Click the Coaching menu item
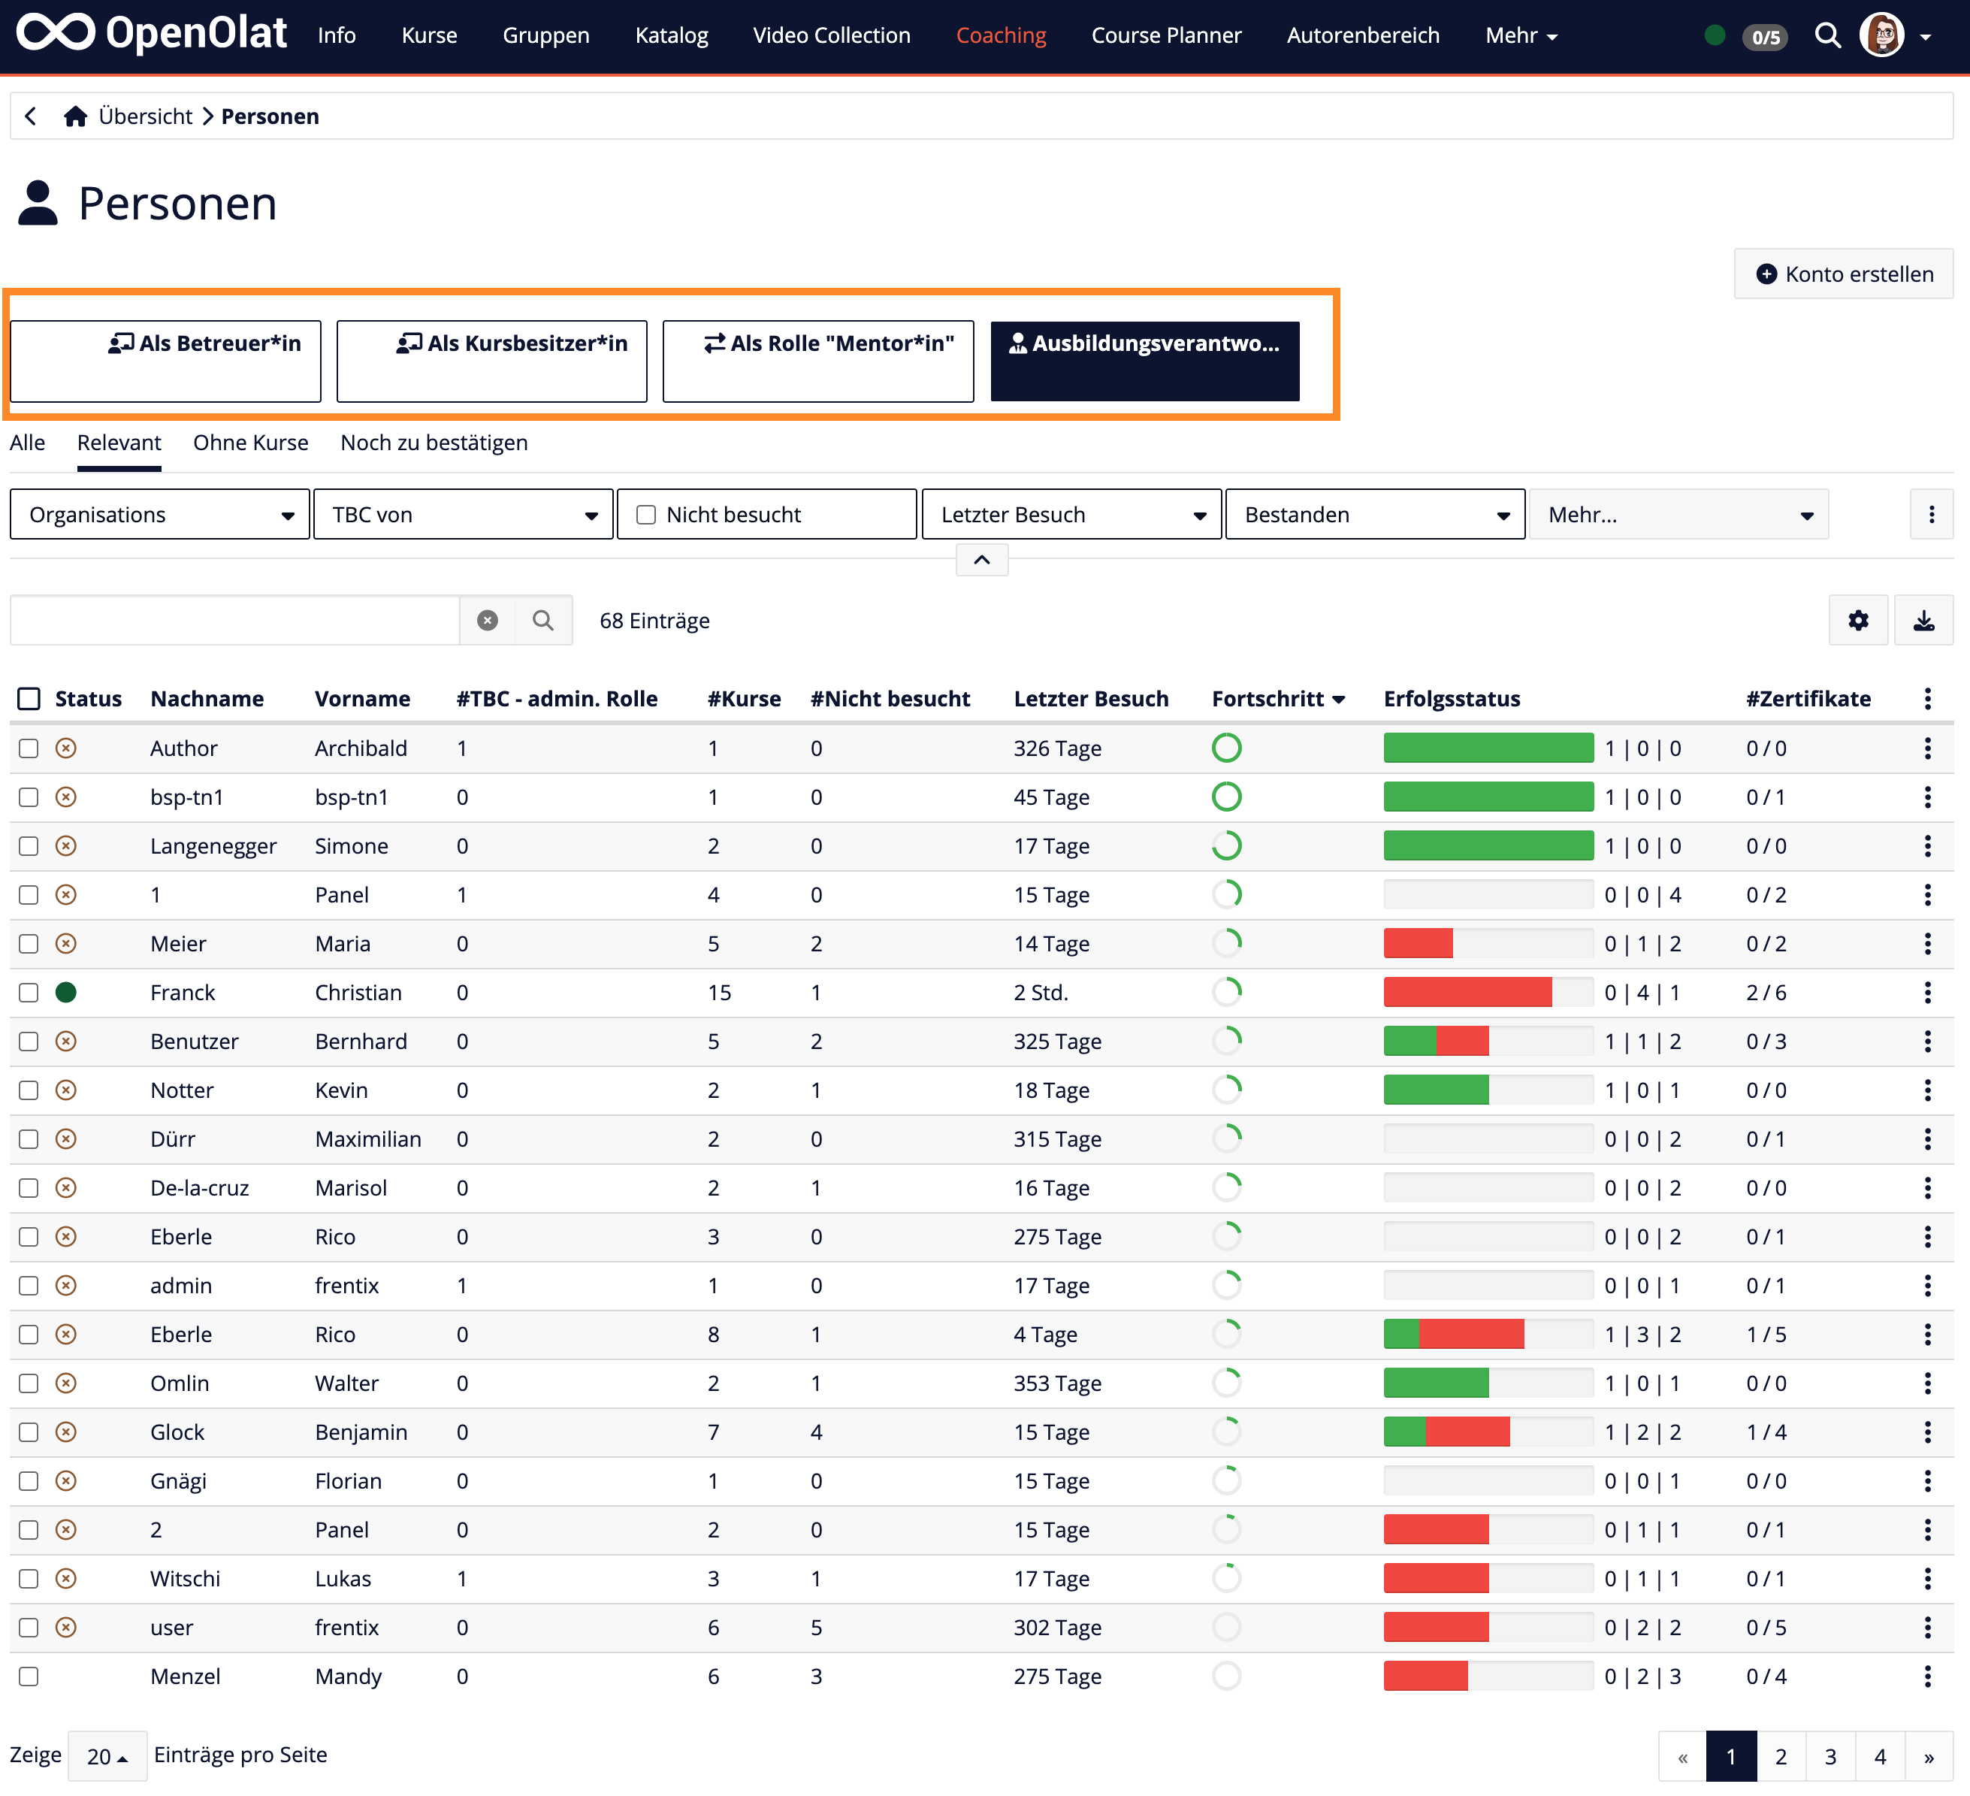click(1000, 35)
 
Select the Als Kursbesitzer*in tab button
click(491, 360)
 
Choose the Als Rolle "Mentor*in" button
click(818, 360)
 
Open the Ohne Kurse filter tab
click(250, 443)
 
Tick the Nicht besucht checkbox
click(646, 515)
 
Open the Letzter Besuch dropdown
click(1071, 515)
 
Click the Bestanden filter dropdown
click(1374, 515)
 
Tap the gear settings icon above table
click(1857, 621)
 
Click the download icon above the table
click(1923, 621)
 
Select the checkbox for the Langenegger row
click(29, 846)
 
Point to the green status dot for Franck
click(65, 993)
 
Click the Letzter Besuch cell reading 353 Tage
click(1056, 1383)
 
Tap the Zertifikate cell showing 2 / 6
click(1766, 993)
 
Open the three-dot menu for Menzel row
click(1927, 1677)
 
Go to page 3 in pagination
click(1830, 1757)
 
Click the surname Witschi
click(185, 1579)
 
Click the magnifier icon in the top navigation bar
click(1827, 35)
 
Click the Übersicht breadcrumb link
click(144, 116)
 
